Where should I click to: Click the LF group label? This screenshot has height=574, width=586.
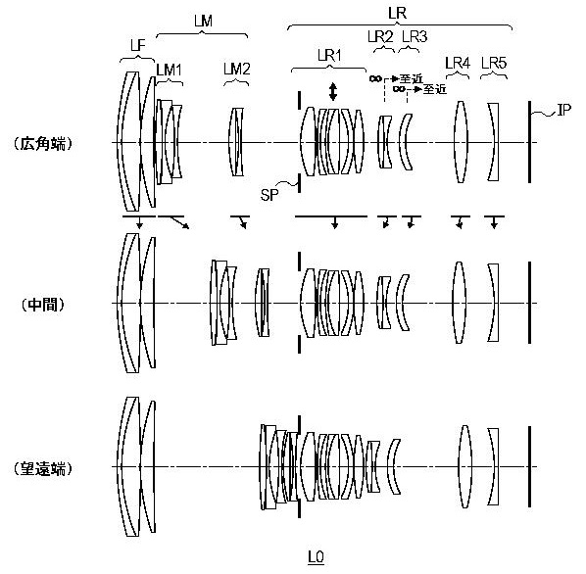[138, 46]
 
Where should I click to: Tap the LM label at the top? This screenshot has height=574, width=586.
[203, 21]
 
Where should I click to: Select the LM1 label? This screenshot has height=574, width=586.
[169, 70]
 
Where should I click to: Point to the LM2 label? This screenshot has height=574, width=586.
[237, 70]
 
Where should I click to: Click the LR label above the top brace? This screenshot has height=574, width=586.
[397, 14]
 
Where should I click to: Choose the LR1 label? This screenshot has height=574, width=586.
[329, 56]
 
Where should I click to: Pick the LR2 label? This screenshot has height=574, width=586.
[380, 36]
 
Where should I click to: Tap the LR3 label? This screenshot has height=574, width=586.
[415, 36]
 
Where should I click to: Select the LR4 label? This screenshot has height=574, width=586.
[458, 63]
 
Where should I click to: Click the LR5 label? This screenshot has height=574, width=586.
[494, 63]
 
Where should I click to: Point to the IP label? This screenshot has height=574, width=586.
[563, 110]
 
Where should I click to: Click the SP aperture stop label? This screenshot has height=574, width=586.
[269, 195]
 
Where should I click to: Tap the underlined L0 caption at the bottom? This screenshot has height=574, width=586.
[316, 557]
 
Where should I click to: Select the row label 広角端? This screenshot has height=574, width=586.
[42, 143]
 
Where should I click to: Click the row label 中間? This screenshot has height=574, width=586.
[42, 305]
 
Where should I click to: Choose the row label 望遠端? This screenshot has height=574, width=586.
[42, 468]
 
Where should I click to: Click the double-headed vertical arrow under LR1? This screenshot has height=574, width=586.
[332, 92]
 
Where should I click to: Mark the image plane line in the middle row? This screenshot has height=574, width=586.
[529, 303]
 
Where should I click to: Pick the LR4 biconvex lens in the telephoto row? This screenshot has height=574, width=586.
[464, 466]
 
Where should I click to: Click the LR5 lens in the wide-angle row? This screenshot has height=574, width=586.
[494, 142]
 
